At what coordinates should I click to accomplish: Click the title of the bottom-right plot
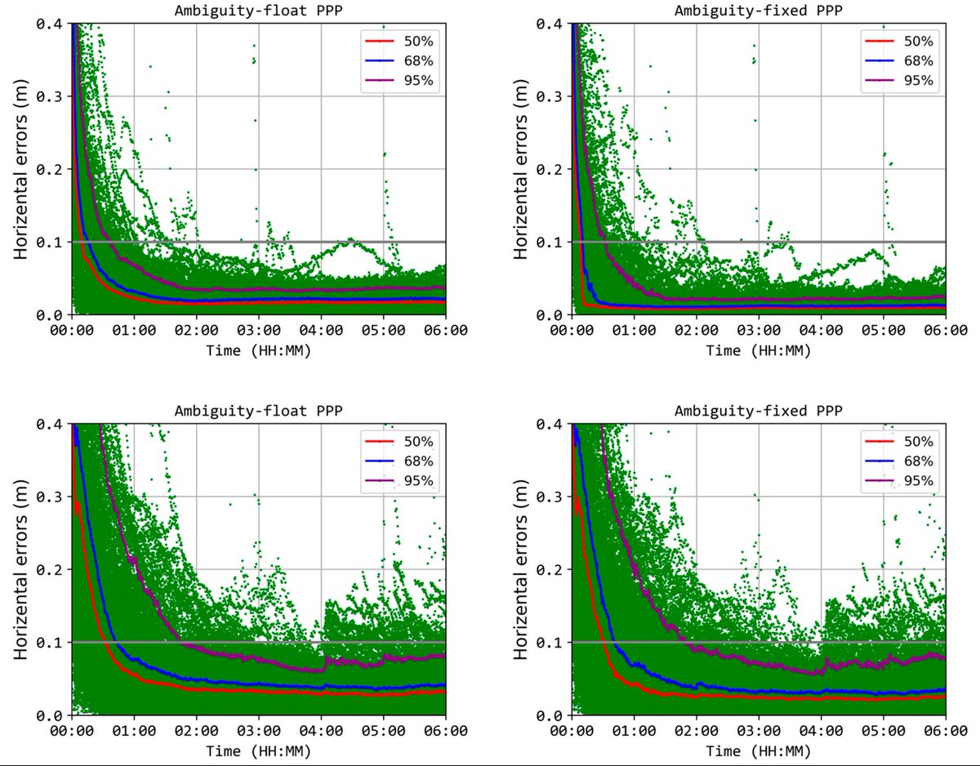pyautogui.click(x=759, y=410)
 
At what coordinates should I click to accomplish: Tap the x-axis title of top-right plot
pyautogui.click(x=759, y=350)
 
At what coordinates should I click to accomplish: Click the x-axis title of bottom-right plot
pyautogui.click(x=759, y=750)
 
